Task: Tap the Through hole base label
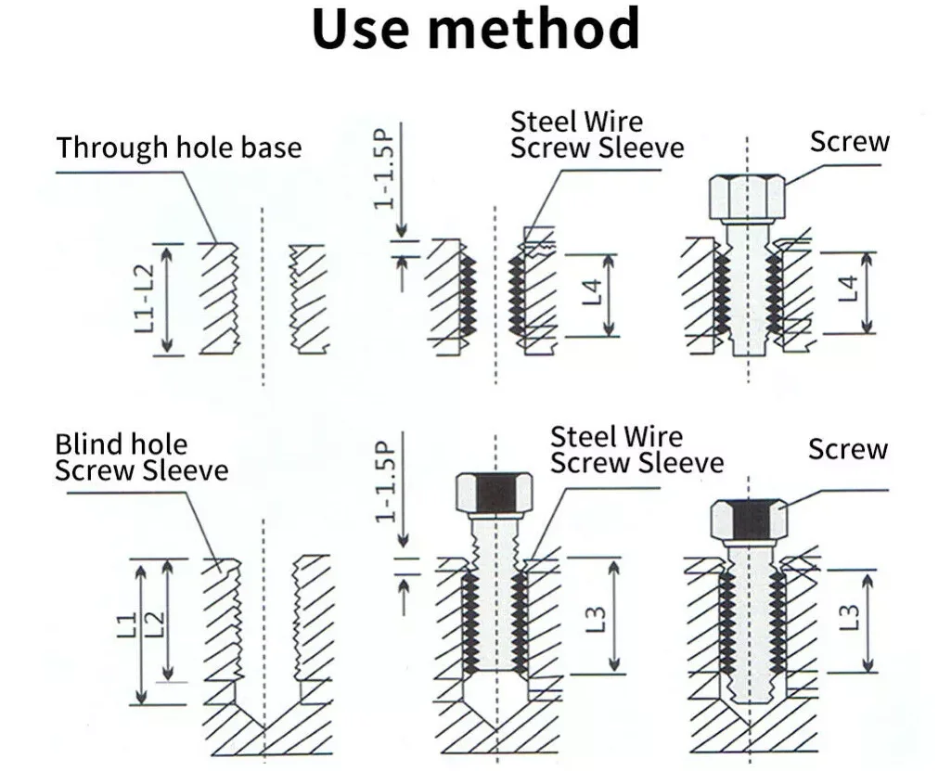tap(179, 148)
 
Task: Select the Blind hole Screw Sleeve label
tap(140, 457)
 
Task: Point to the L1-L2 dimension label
tap(143, 299)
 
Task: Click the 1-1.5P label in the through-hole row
tap(384, 168)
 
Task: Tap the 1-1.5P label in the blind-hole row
tap(384, 482)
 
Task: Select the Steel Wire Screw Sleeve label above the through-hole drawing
tap(597, 135)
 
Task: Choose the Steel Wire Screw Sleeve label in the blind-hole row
tap(636, 450)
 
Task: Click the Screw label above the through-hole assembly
tap(849, 142)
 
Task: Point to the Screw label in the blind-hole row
tap(847, 450)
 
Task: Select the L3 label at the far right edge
tap(847, 616)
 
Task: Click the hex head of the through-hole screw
tap(747, 196)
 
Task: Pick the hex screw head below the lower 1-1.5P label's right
tap(494, 494)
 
